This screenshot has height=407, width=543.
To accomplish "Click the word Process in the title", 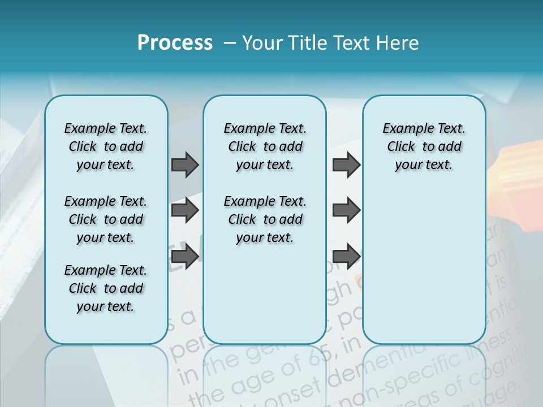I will [x=175, y=43].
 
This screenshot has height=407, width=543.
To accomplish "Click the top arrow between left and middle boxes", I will [x=185, y=164].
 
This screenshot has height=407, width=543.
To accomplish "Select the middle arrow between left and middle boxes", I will [x=185, y=210].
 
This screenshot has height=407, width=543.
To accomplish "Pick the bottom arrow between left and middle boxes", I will [x=185, y=257].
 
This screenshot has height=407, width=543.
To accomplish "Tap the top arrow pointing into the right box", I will [x=346, y=164].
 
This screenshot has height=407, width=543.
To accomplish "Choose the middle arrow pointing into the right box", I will [x=346, y=210].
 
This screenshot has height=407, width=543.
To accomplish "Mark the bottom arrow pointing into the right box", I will [x=346, y=257].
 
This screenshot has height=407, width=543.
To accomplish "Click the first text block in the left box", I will [x=106, y=146].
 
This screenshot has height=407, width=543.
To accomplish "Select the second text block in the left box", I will [x=106, y=219].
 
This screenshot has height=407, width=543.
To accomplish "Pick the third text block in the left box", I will [x=106, y=288].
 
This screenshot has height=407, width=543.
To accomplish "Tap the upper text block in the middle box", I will [x=265, y=146].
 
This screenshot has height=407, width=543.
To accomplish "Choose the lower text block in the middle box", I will [x=265, y=219].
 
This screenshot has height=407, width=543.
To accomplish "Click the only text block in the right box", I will [x=424, y=146].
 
